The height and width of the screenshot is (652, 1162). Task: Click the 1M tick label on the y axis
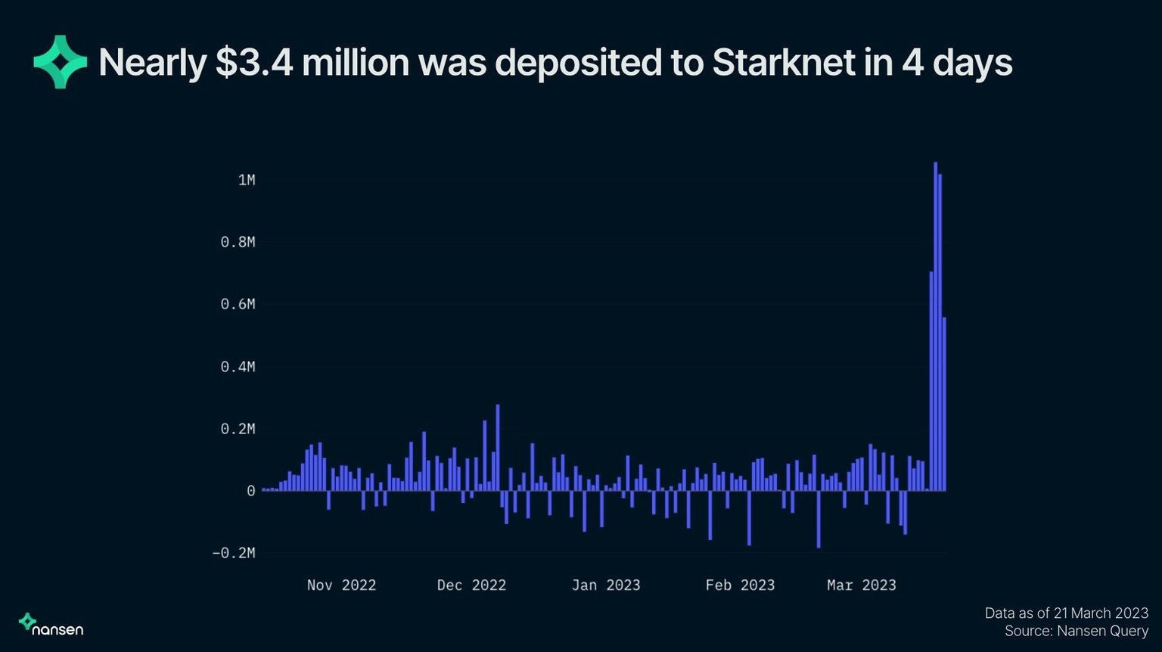tap(247, 180)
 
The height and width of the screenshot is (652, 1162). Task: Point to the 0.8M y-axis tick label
tap(238, 242)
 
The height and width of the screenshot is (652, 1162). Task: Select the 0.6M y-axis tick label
tap(238, 304)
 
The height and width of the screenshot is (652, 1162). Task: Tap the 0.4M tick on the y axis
tap(238, 367)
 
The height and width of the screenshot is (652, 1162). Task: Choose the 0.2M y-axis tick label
tap(238, 429)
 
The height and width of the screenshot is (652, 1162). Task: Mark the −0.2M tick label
tap(234, 553)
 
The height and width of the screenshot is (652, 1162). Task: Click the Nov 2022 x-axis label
tap(341, 585)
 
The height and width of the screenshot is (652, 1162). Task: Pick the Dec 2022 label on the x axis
tap(471, 585)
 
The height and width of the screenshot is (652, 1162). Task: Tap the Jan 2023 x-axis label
tap(606, 585)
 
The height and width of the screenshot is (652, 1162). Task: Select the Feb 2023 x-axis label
tap(740, 585)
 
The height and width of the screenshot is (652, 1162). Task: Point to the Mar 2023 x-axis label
tap(861, 585)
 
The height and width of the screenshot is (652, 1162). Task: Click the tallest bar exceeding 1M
tap(935, 325)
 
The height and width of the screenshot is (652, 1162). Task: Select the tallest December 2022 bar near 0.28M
tap(498, 446)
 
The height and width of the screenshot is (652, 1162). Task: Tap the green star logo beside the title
tap(61, 62)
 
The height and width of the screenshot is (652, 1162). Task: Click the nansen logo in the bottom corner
tap(51, 624)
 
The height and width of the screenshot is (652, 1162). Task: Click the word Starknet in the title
tap(784, 63)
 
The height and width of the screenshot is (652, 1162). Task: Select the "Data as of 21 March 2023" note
tap(1066, 613)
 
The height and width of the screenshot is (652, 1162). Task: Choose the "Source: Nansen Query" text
tap(1076, 631)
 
